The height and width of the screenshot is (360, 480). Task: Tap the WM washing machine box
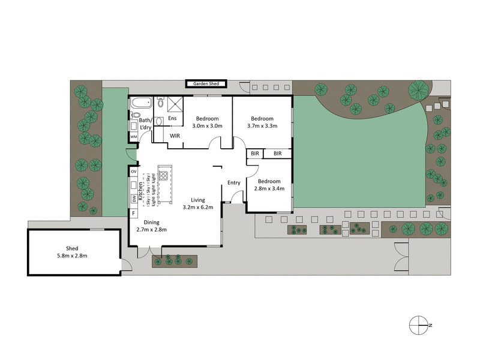[x=133, y=137]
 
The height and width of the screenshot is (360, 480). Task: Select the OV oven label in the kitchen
[x=133, y=172]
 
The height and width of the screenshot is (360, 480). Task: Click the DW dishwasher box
[x=133, y=199]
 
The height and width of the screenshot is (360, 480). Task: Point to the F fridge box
[x=133, y=212]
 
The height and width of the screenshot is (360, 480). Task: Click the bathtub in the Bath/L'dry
[x=142, y=101]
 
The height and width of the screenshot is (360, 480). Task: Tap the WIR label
[x=175, y=136]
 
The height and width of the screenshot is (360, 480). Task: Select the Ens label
[x=172, y=118]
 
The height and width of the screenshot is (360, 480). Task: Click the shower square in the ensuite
[x=175, y=103]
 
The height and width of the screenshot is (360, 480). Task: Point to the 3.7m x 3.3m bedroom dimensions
[x=262, y=126]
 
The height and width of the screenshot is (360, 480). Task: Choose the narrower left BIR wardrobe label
[x=255, y=154]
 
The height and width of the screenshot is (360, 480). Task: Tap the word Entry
[x=234, y=183]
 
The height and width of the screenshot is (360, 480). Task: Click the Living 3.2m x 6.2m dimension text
[x=197, y=208]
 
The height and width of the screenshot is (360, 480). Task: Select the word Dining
[x=151, y=222]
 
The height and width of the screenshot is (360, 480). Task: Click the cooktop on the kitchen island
[x=163, y=177]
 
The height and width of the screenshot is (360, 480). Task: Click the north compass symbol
[x=418, y=325]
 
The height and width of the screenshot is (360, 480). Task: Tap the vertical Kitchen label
[x=140, y=191]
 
